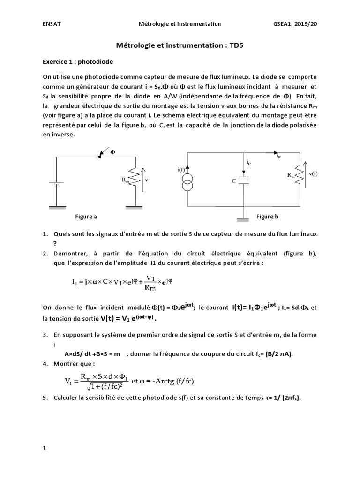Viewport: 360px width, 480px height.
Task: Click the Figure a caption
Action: click(x=86, y=217)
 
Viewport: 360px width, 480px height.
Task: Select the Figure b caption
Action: click(x=267, y=217)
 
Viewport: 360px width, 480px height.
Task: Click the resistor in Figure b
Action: click(x=298, y=176)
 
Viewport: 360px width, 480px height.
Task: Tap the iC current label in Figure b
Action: click(x=249, y=163)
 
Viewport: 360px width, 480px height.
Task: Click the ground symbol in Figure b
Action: click(x=242, y=219)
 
